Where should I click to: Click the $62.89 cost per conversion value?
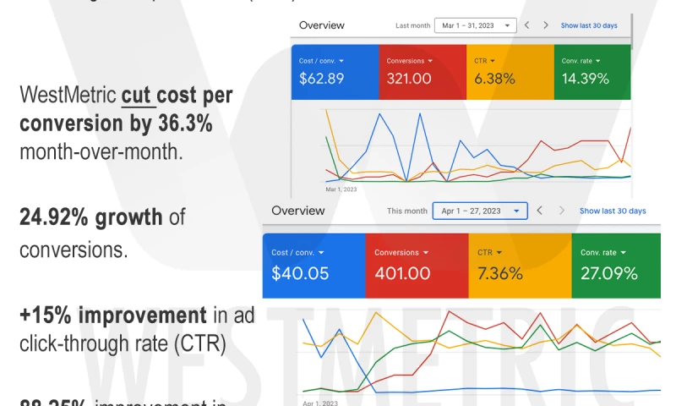pyautogui.click(x=321, y=79)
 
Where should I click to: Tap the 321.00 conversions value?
pyautogui.click(x=409, y=79)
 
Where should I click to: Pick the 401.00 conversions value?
pyautogui.click(x=403, y=273)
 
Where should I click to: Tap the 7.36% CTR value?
pyautogui.click(x=500, y=273)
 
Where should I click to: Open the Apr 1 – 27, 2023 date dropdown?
pyautogui.click(x=479, y=211)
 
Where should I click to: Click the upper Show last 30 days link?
pyautogui.click(x=589, y=25)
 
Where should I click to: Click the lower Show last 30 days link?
pyautogui.click(x=613, y=211)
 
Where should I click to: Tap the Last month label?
pyautogui.click(x=412, y=25)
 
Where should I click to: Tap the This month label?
pyautogui.click(x=407, y=211)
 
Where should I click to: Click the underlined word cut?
pyautogui.click(x=136, y=96)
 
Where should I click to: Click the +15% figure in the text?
pyautogui.click(x=44, y=315)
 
